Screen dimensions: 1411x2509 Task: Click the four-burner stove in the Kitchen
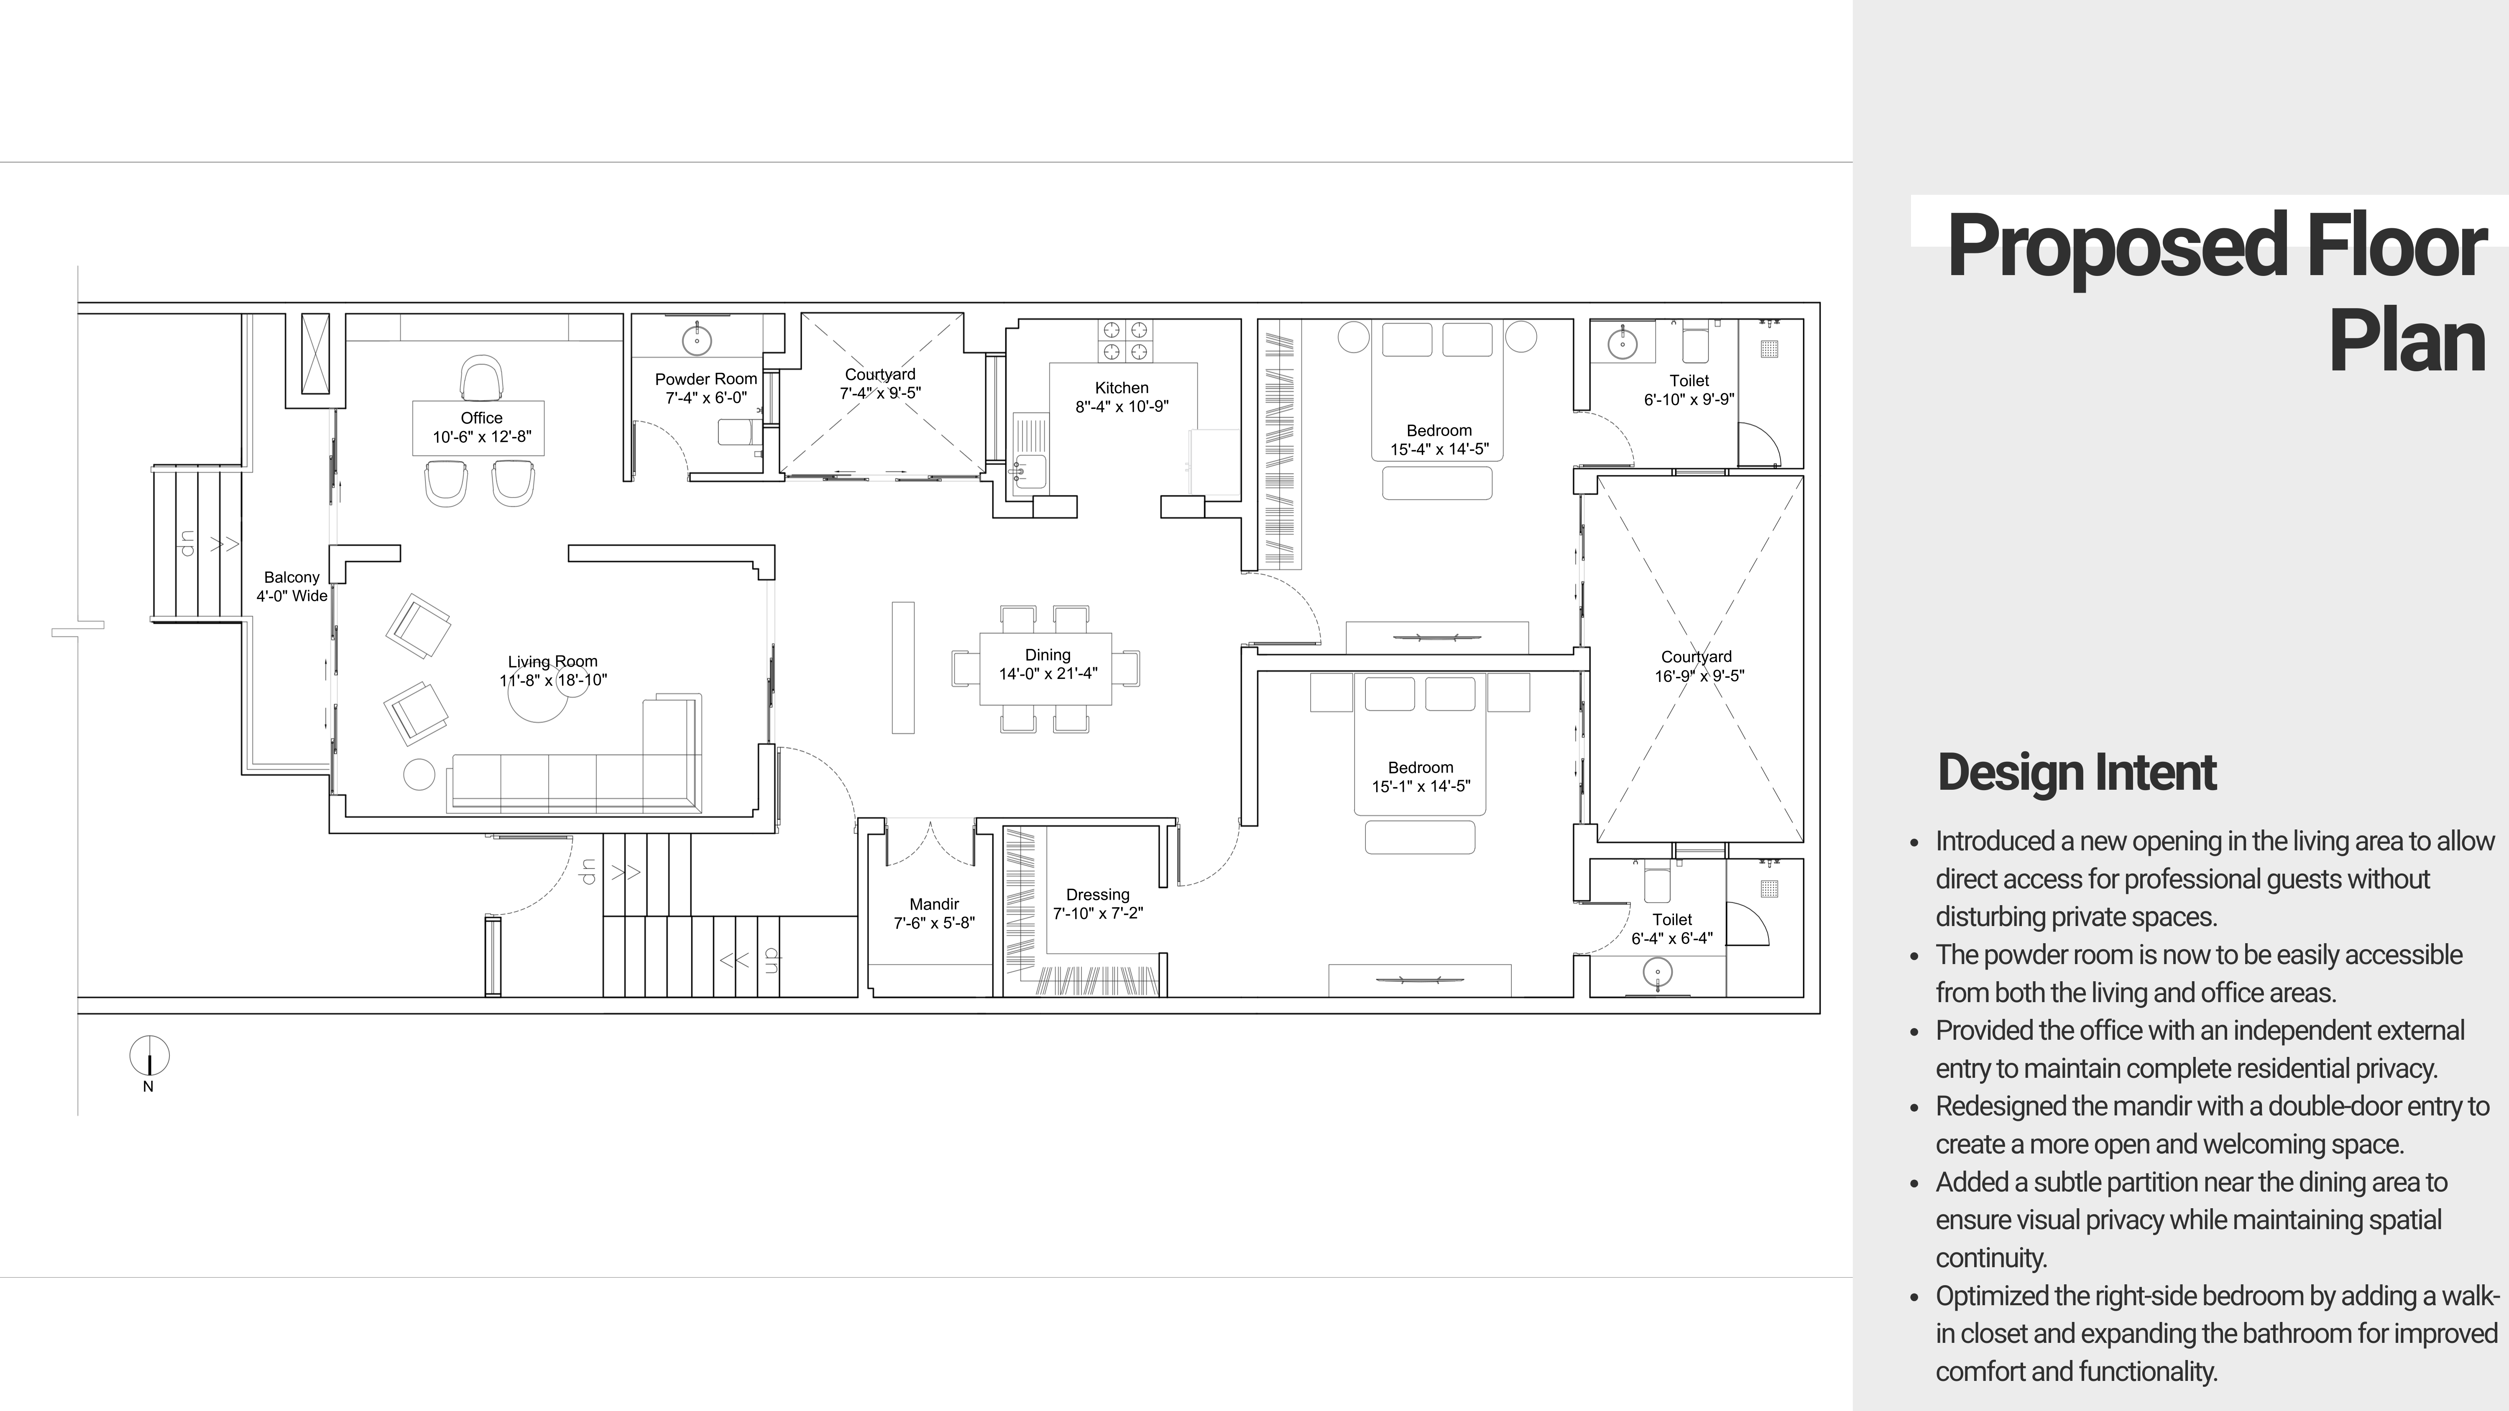[x=1124, y=340]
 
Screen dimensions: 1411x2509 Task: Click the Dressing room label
[x=1098, y=895]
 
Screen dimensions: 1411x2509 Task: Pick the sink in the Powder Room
[x=696, y=340]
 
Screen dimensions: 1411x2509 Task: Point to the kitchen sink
[x=1029, y=469]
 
